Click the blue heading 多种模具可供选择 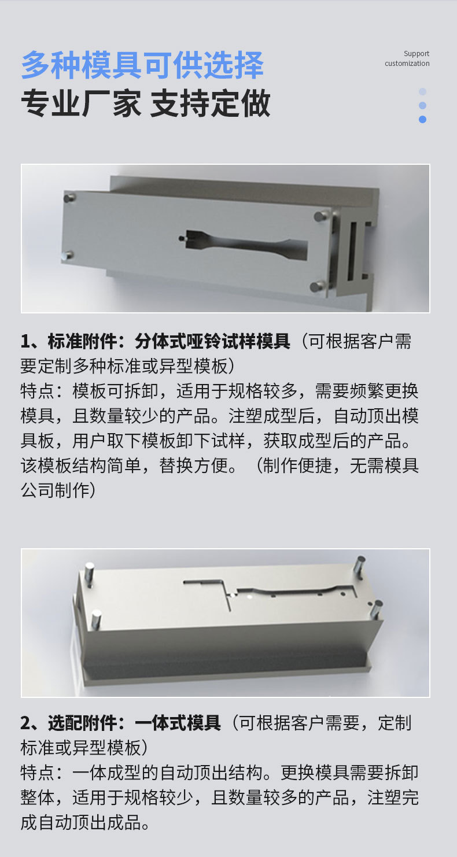click(x=142, y=65)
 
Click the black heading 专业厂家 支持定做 click(x=145, y=104)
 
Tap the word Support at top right click(x=417, y=54)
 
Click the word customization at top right click(x=407, y=64)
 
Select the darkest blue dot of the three click(x=422, y=120)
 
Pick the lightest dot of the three click(x=422, y=91)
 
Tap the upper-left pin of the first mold click(x=69, y=198)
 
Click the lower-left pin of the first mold click(x=68, y=254)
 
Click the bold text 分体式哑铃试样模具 click(x=212, y=342)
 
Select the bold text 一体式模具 click(x=178, y=723)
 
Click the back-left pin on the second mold click(x=90, y=574)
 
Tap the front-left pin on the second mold click(x=95, y=619)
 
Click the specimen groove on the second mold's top click(x=289, y=590)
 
